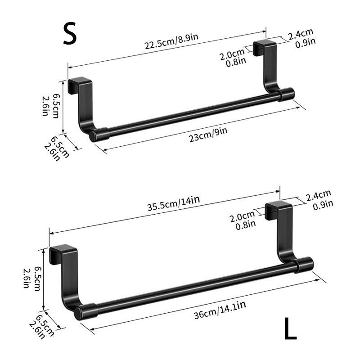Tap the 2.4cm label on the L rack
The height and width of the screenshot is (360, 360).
(x=319, y=196)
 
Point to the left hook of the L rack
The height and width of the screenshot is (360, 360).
(x=65, y=274)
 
